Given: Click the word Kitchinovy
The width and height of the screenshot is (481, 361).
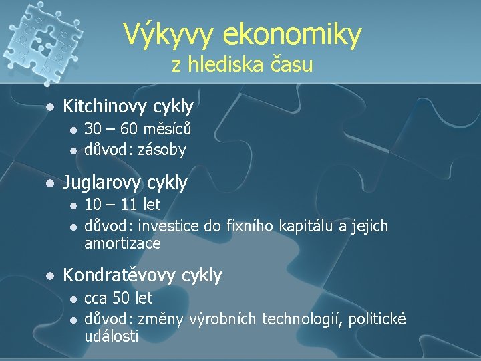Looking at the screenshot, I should (106, 106).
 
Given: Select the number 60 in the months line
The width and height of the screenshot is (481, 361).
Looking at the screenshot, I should (132, 128).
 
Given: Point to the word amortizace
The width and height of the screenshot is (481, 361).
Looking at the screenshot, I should (122, 244).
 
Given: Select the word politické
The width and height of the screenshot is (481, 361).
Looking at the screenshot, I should (377, 320).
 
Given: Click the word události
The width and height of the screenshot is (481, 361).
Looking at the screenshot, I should (112, 336).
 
